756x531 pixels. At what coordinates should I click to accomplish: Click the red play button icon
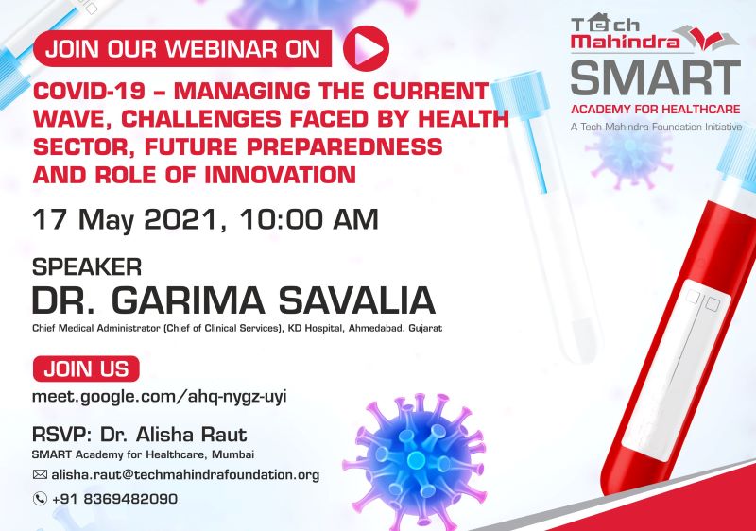pos(366,48)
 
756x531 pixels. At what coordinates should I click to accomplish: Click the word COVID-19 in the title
pos(89,91)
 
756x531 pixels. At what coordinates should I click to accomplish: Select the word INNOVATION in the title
pos(280,175)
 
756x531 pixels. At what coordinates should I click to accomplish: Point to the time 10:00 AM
pos(309,219)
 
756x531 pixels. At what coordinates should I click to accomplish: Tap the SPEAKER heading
pos(87,267)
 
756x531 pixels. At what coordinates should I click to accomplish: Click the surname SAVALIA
pos(357,300)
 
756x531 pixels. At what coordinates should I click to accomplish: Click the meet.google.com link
pos(159,397)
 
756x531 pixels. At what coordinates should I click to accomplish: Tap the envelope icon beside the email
pos(40,474)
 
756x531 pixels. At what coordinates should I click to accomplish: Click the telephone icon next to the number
pos(40,499)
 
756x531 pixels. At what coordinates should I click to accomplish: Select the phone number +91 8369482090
pos(114,499)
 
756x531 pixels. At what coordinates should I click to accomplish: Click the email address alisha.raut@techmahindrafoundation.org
pos(185,475)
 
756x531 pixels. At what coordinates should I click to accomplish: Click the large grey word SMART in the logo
pos(656,77)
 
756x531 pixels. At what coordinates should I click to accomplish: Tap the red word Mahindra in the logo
pos(626,41)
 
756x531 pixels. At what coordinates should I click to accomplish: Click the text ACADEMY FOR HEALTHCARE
pos(655,110)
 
